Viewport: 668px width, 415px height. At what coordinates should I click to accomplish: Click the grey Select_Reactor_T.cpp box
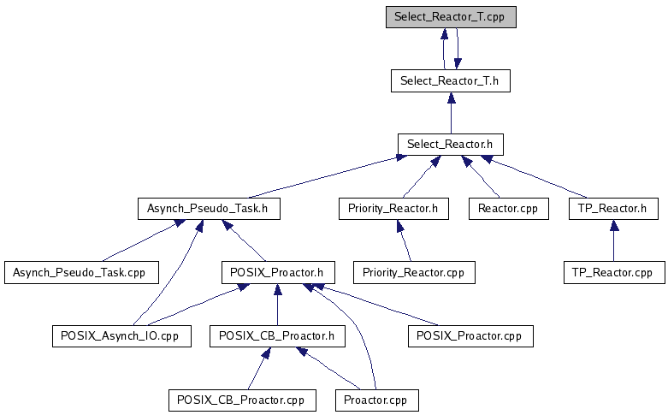(x=451, y=17)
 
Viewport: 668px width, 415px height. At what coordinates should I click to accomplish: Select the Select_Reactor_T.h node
(x=451, y=81)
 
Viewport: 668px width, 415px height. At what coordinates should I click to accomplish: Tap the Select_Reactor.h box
(x=450, y=145)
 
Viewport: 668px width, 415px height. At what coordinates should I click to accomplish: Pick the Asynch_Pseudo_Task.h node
(x=209, y=209)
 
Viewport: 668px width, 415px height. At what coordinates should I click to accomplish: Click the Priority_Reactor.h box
(x=393, y=209)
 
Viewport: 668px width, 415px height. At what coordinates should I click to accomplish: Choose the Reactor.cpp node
(x=509, y=209)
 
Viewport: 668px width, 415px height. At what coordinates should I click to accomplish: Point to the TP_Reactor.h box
(x=613, y=209)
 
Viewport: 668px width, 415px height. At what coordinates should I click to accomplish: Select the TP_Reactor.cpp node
(x=614, y=273)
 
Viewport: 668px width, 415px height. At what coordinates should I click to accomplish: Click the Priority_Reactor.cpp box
(x=414, y=273)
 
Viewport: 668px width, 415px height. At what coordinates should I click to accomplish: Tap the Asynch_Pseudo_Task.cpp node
(x=81, y=273)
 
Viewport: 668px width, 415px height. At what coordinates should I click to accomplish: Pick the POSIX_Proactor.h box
(x=278, y=273)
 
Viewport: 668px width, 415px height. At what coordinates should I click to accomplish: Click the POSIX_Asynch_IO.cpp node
(x=121, y=336)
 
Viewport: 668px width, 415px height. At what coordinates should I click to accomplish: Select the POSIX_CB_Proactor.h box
(x=277, y=336)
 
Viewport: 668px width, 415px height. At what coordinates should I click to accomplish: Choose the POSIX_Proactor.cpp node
(x=470, y=336)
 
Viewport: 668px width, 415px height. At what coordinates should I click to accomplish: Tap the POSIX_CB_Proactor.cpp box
(x=242, y=400)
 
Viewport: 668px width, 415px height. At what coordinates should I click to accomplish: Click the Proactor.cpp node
(x=377, y=400)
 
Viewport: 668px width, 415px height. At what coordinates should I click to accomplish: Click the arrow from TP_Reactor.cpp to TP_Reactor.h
(x=614, y=240)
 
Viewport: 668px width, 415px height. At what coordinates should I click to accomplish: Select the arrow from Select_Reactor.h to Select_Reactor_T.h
(x=451, y=113)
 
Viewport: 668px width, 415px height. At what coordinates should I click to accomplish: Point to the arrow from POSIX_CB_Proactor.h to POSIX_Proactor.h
(x=278, y=305)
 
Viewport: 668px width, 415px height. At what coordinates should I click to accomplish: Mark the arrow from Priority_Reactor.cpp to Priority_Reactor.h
(x=405, y=240)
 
